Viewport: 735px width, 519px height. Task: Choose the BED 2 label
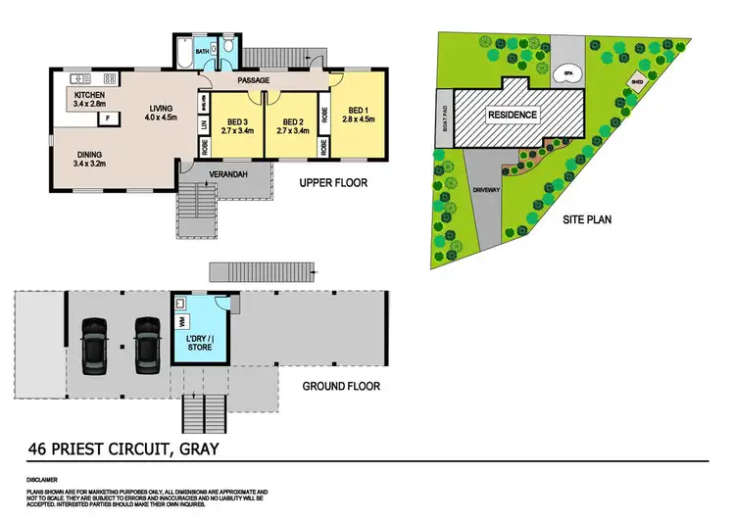coord(293,122)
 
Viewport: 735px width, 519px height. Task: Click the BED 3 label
coord(238,122)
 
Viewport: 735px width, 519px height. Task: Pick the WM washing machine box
coord(183,319)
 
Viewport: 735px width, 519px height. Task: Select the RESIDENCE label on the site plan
coord(514,115)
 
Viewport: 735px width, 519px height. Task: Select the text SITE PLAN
coord(586,220)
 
